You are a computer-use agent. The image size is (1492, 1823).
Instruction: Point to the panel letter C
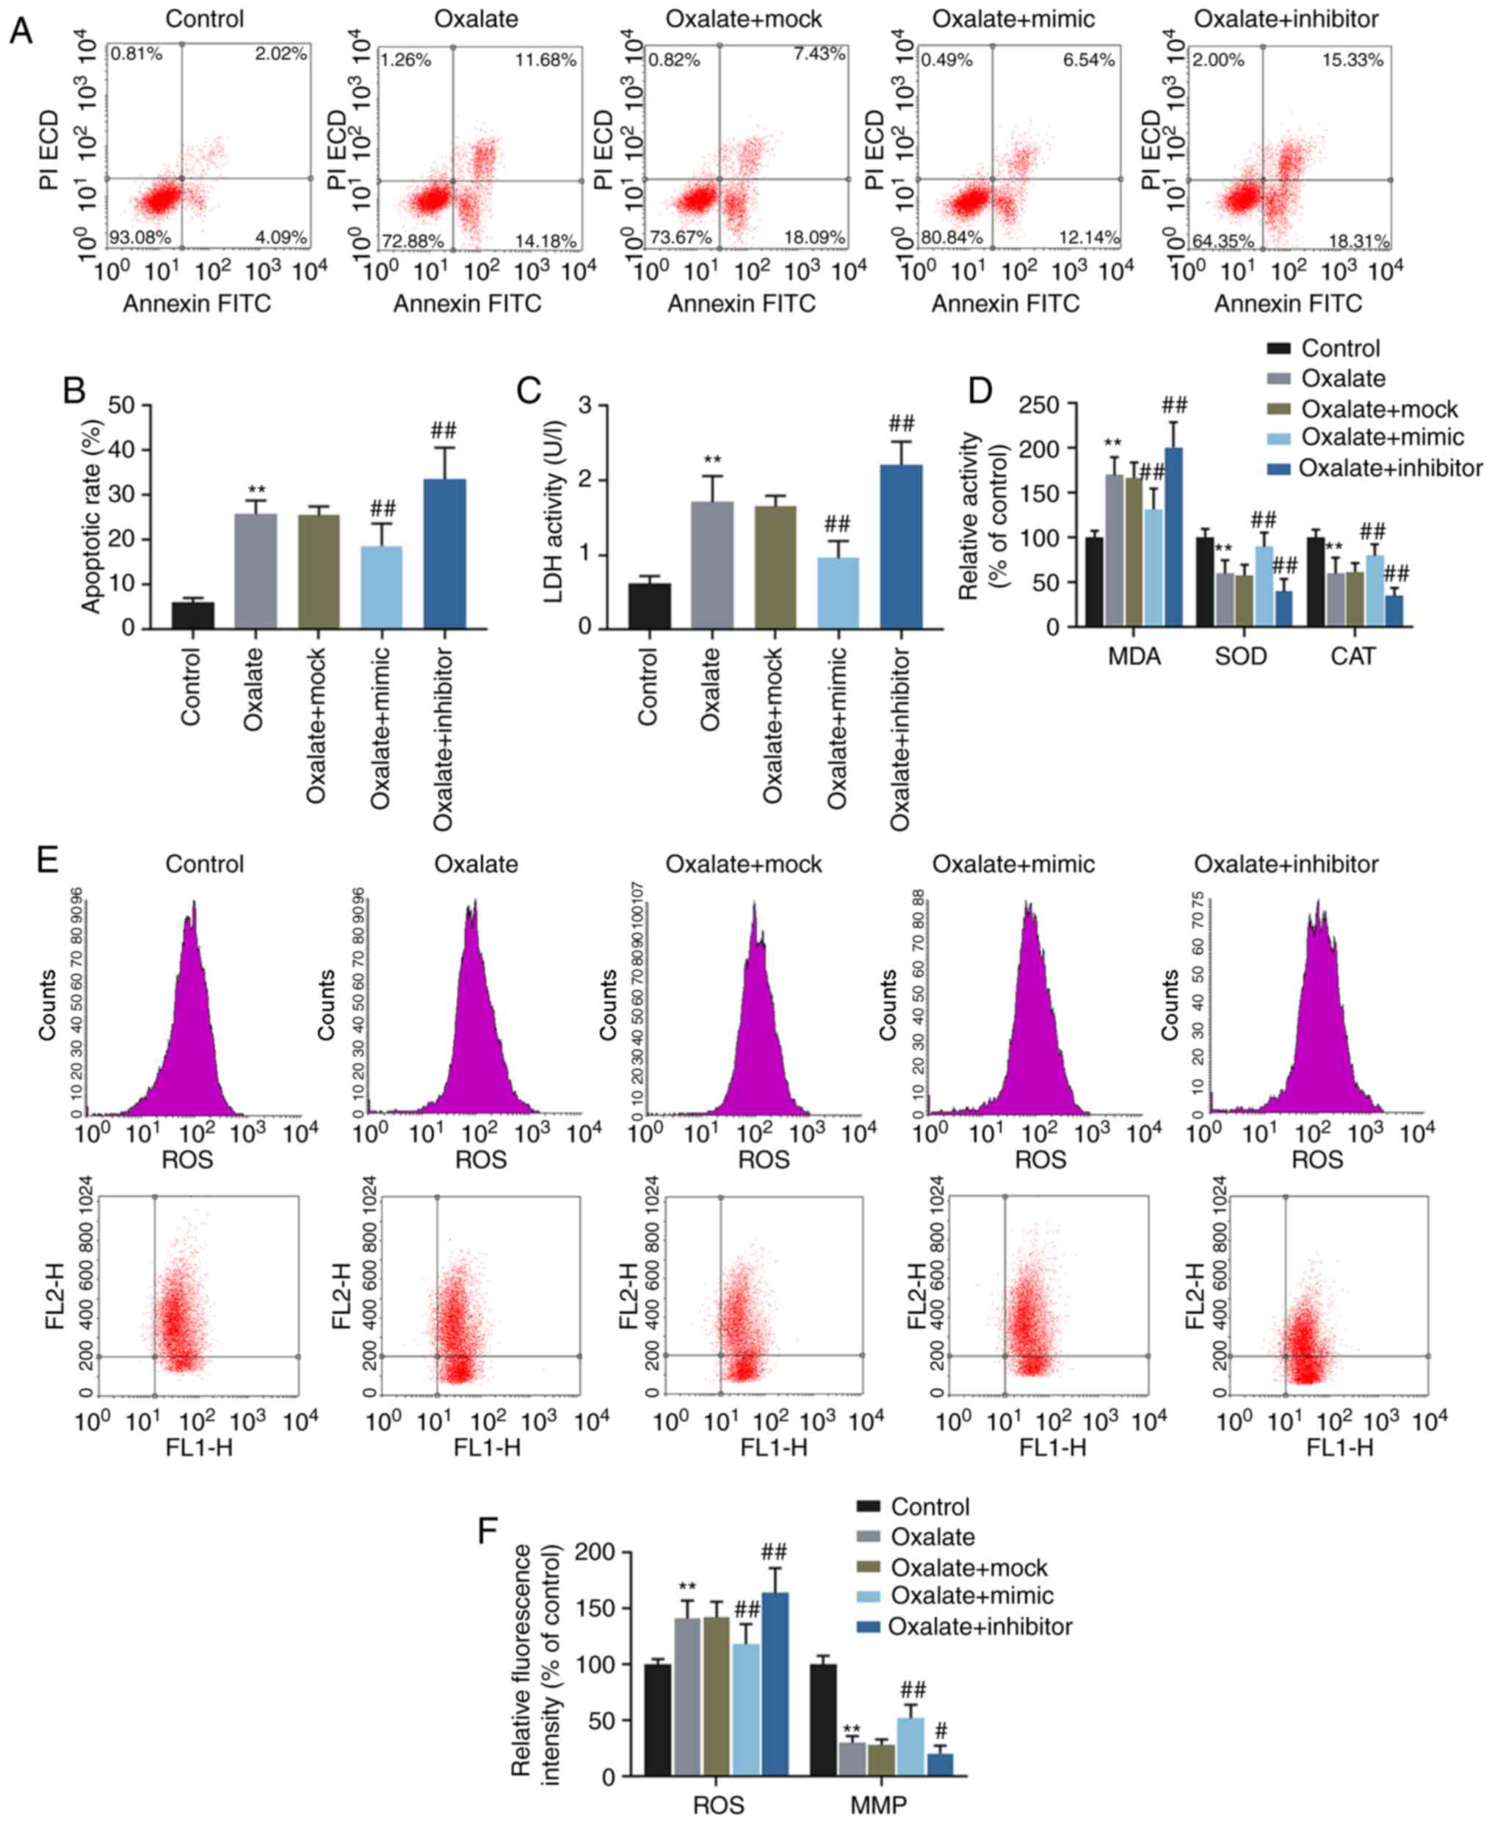click(x=529, y=390)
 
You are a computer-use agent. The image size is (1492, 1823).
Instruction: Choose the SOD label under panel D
click(x=1240, y=657)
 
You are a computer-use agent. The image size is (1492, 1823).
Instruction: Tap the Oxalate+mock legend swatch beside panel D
click(x=1280, y=409)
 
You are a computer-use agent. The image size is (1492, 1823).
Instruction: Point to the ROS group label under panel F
click(x=719, y=1803)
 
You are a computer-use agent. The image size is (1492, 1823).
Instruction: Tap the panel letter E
click(x=48, y=859)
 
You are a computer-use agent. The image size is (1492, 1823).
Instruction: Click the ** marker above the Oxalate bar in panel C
click(x=712, y=460)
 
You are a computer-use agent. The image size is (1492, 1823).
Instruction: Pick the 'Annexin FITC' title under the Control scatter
click(x=197, y=303)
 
